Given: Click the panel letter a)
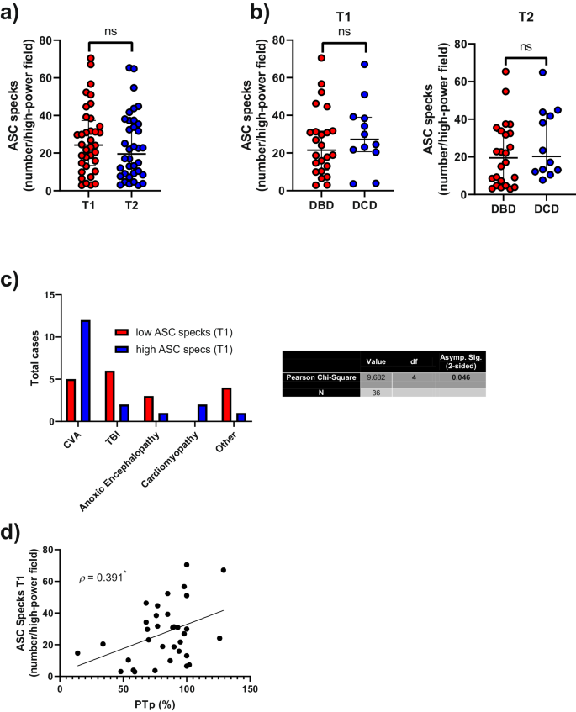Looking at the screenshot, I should click(x=14, y=15).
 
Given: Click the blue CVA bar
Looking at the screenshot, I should click(x=85, y=371).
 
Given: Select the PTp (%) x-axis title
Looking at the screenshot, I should click(x=153, y=703).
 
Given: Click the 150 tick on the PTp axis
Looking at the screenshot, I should click(x=249, y=688).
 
